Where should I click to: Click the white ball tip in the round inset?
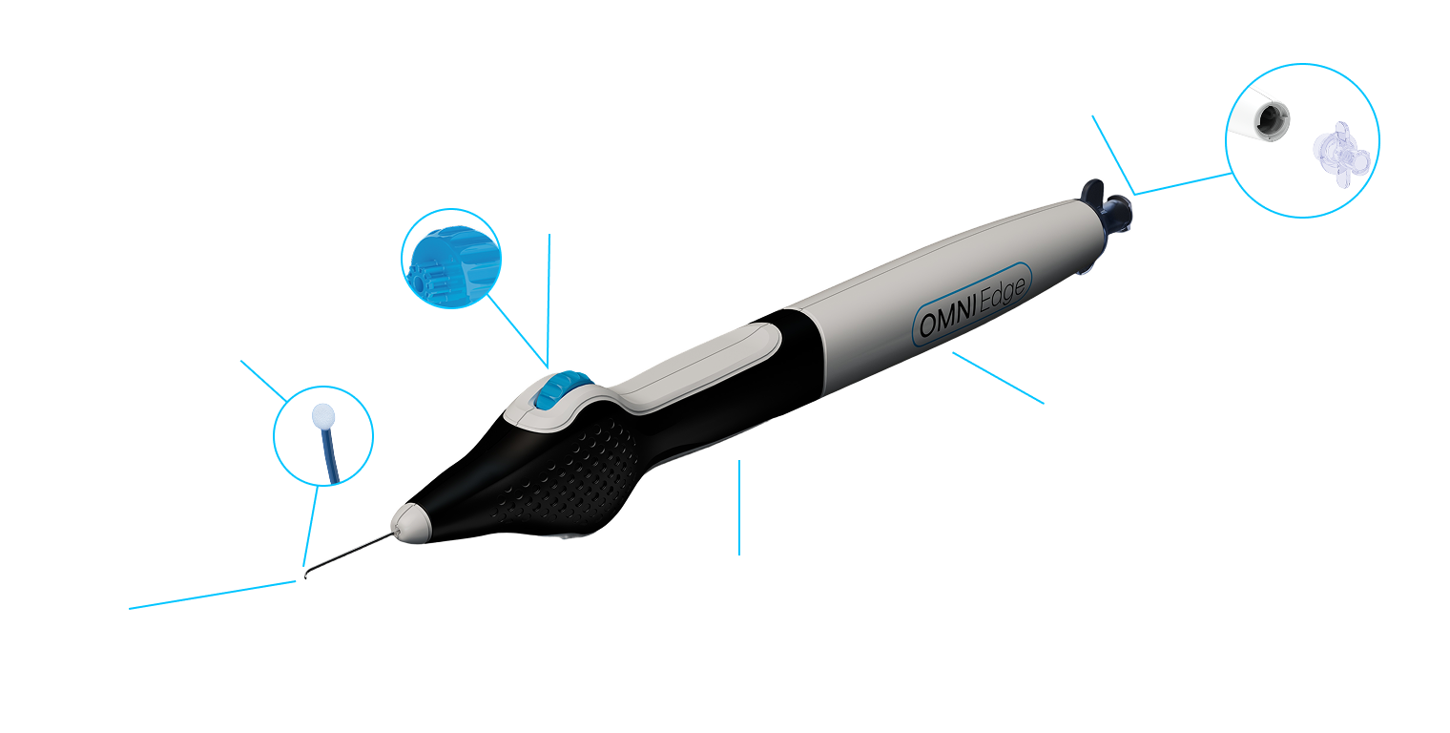[x=325, y=417]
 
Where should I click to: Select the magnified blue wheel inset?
[x=448, y=259]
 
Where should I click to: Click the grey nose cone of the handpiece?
[x=413, y=522]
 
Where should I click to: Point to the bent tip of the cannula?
[x=302, y=576]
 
